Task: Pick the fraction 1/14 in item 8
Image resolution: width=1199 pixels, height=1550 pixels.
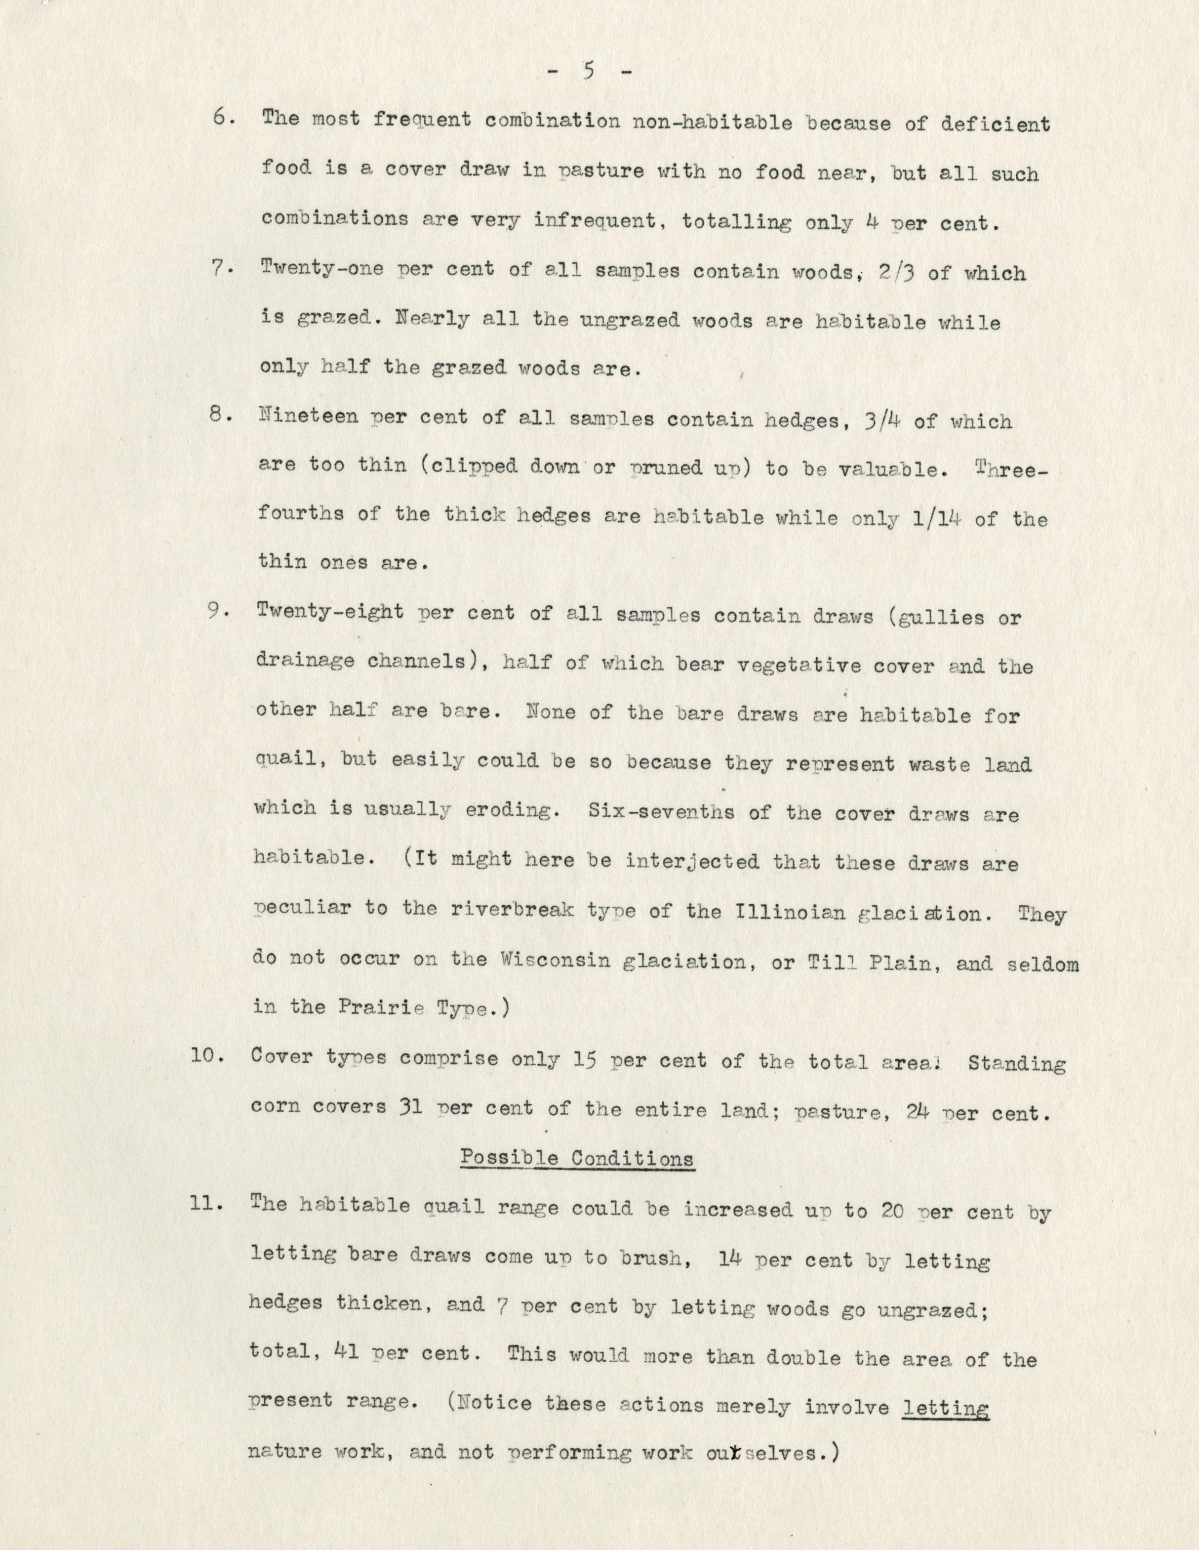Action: [x=934, y=518]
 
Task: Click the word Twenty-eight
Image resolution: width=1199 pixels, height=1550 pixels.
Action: [x=329, y=612]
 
